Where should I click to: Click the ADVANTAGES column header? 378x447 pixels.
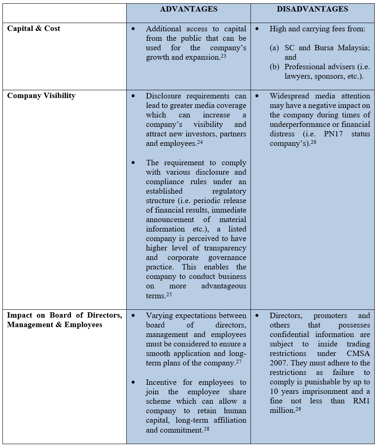(189, 9)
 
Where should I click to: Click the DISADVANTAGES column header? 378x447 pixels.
(313, 9)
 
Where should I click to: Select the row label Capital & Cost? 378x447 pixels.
(34, 28)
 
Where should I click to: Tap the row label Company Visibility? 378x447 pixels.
(41, 96)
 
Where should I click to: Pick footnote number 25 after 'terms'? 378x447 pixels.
(169, 294)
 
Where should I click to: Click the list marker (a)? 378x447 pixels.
(274, 48)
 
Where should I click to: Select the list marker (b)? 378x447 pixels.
(274, 67)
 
